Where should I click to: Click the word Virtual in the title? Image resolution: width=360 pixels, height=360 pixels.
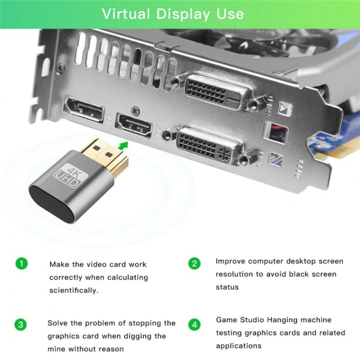[x=125, y=13]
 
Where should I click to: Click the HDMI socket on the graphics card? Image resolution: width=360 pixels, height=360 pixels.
[x=134, y=124]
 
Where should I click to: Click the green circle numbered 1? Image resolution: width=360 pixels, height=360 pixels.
[x=21, y=263]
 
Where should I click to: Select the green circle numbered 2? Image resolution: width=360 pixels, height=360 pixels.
[x=194, y=263]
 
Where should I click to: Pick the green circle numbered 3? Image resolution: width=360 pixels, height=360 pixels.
[x=21, y=324]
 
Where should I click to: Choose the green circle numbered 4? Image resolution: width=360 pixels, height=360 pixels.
[x=194, y=324]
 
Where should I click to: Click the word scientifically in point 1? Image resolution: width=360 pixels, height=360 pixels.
[x=72, y=290]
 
